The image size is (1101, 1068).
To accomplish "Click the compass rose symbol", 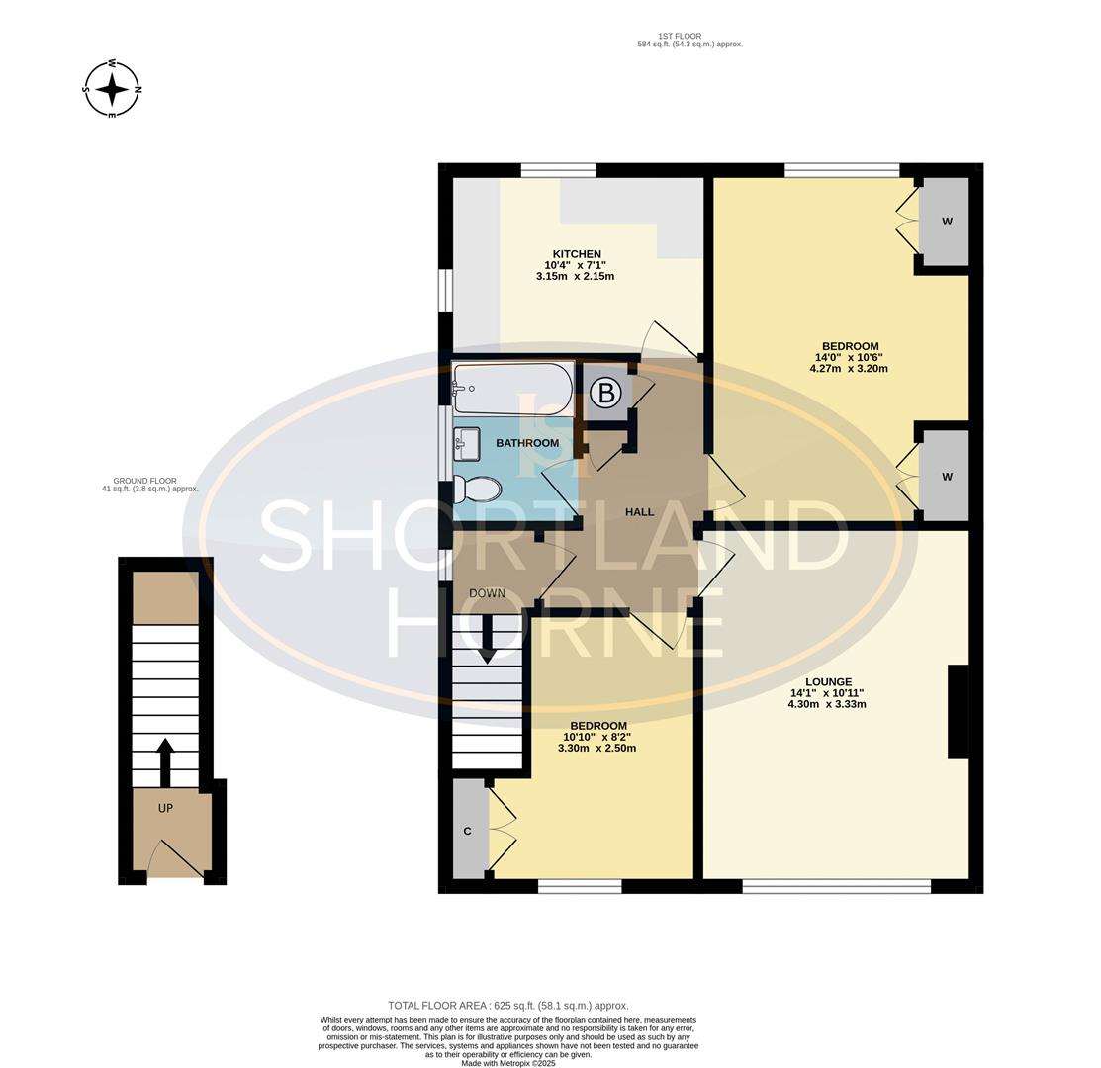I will (112, 89).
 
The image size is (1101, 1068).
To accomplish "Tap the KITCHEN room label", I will (577, 254).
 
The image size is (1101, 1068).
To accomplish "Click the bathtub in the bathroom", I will (512, 389).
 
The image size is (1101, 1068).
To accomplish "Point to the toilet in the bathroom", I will (478, 489).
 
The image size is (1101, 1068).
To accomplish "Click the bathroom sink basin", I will (467, 442).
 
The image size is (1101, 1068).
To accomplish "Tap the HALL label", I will (639, 512).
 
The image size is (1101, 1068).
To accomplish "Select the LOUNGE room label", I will (828, 682).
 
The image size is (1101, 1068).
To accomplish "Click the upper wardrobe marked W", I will (945, 222).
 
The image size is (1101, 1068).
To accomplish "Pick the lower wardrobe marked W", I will (945, 477).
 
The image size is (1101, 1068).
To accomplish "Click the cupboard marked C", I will (469, 831).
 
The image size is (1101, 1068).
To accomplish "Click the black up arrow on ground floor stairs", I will (165, 762).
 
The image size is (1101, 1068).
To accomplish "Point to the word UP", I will (165, 808).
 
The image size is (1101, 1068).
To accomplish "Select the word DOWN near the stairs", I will (487, 593).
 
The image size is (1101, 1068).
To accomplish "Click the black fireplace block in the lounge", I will (958, 712).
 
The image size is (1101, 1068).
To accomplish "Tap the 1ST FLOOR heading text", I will (689, 40).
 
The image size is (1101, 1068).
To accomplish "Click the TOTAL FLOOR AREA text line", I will (507, 1005).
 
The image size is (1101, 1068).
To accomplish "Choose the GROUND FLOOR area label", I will (149, 485).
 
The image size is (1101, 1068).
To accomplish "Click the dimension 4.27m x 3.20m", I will (848, 369).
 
